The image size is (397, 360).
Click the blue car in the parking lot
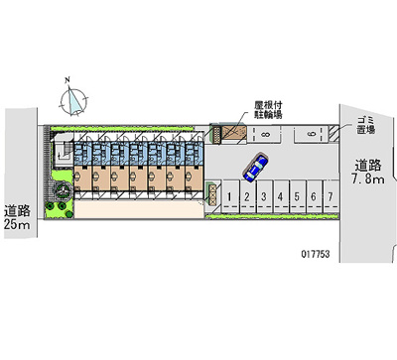pyautogui.click(x=255, y=167)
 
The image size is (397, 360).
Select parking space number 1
pyautogui.click(x=230, y=196)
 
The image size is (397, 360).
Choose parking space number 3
pyautogui.click(x=263, y=196)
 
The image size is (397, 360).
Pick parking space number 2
pyautogui.click(x=246, y=196)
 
